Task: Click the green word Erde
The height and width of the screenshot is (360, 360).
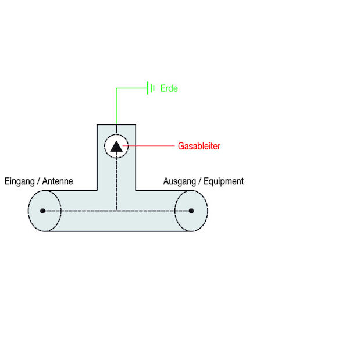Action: tap(169, 89)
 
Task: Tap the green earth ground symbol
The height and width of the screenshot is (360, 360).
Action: tap(151, 88)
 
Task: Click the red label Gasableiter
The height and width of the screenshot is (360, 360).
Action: tap(199, 146)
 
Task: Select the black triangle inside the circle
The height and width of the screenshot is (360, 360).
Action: tap(116, 146)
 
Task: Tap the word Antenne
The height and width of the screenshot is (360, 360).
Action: tap(58, 181)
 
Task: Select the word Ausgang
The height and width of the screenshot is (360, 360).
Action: tap(179, 181)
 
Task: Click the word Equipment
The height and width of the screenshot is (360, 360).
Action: tap(223, 181)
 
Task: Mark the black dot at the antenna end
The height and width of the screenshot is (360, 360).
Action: tap(42, 211)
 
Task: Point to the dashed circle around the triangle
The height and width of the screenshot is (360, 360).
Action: tap(105, 146)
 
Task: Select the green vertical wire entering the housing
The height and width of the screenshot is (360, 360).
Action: tap(116, 111)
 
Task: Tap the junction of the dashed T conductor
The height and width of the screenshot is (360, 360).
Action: tap(116, 211)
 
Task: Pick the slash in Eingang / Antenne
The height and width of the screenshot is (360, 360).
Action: tap(40, 181)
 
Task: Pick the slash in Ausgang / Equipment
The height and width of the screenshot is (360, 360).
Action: tap(198, 181)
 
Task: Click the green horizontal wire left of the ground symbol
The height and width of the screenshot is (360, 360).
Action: tap(131, 88)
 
